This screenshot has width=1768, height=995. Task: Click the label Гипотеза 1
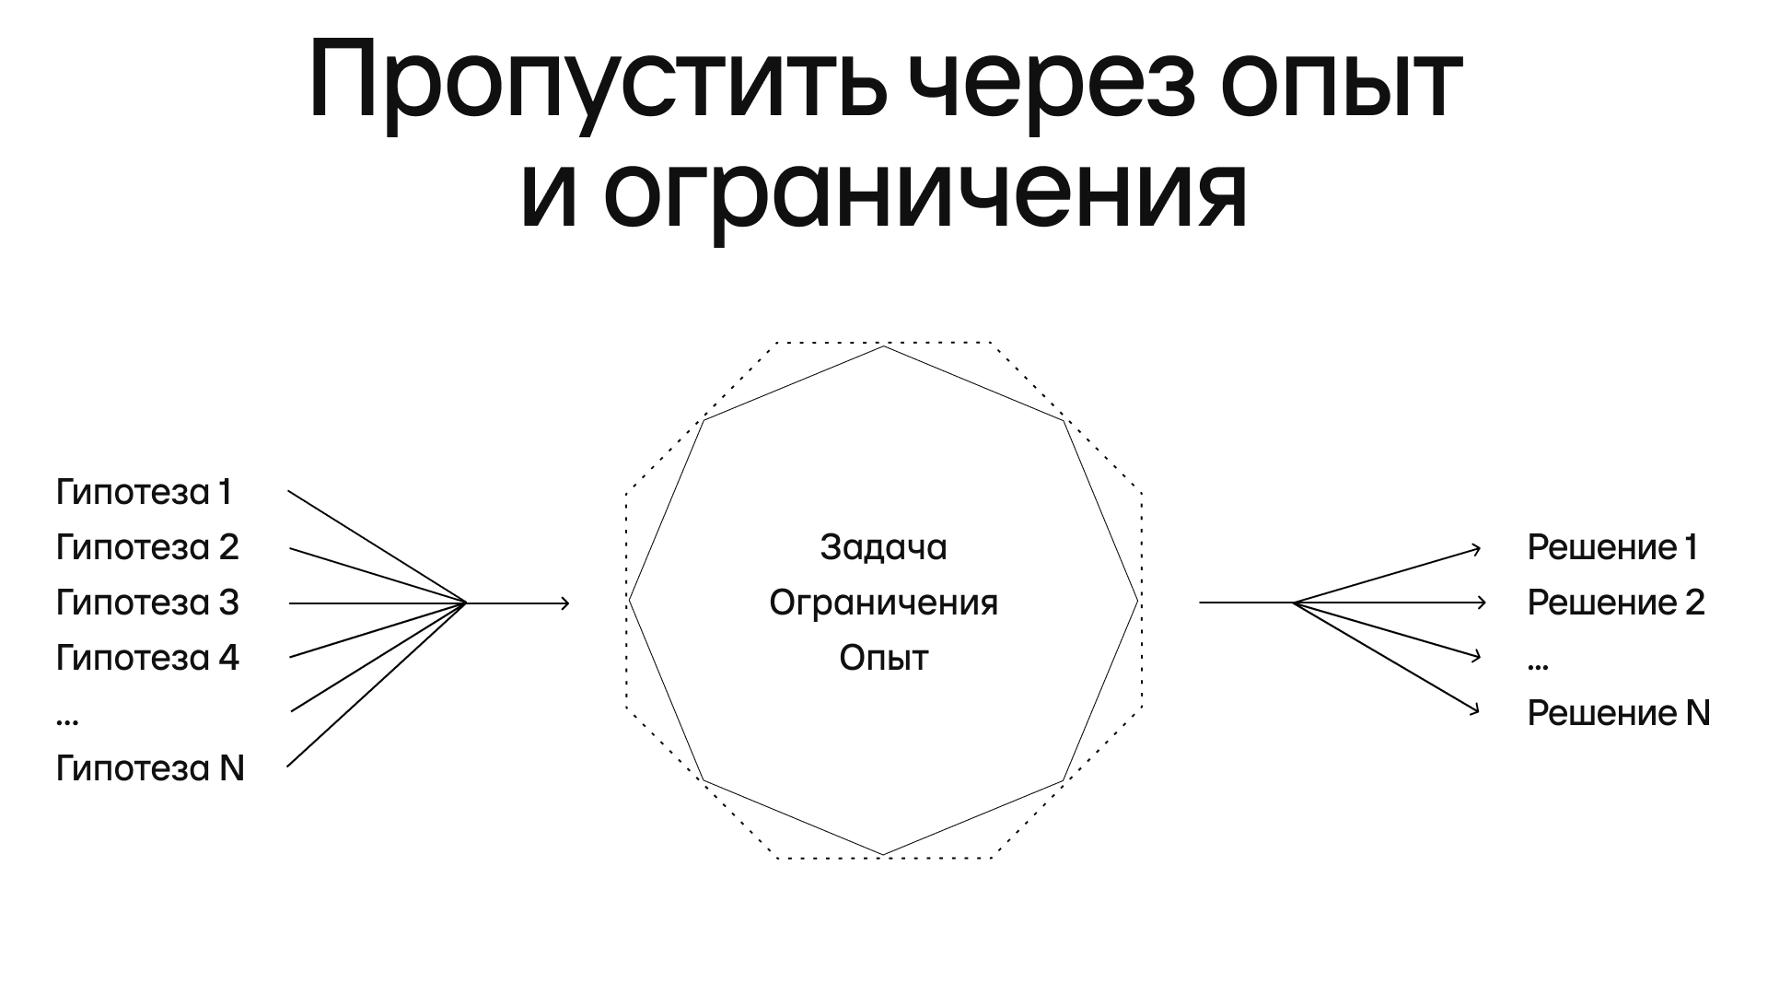tap(144, 492)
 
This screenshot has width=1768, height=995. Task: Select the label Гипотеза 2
tap(147, 547)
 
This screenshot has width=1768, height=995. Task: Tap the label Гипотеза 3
tap(147, 603)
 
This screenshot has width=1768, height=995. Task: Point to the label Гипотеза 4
tap(147, 658)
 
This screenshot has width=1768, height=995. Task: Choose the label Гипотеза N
tap(150, 768)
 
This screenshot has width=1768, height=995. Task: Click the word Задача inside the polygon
tap(883, 547)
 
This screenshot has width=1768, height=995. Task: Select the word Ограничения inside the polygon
tap(883, 603)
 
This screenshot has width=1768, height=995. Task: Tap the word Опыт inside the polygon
tap(883, 658)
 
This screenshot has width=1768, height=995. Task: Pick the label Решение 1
tap(1612, 547)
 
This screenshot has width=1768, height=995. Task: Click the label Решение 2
tap(1616, 603)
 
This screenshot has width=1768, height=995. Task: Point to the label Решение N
tap(1618, 713)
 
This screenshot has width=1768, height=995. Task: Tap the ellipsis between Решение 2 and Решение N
tap(1538, 664)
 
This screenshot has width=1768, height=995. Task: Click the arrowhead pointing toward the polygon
tap(565, 603)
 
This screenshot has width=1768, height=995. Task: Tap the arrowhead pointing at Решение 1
tap(1476, 549)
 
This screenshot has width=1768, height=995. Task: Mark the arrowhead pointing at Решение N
tap(1475, 710)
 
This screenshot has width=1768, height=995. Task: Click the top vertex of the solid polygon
tap(884, 345)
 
